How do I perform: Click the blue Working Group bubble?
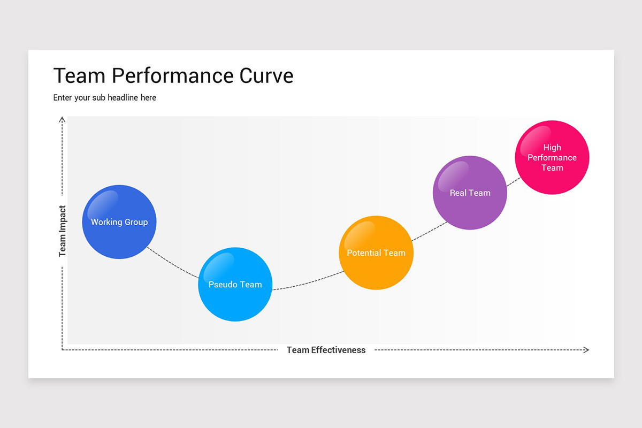click(x=119, y=222)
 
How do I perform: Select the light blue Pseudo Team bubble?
click(x=235, y=285)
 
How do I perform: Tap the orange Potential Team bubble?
click(x=376, y=253)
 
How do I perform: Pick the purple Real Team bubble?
click(x=470, y=193)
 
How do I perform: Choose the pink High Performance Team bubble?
click(x=552, y=157)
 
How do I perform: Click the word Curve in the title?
click(x=266, y=76)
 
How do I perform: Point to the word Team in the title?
click(x=79, y=76)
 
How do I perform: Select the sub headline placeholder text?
click(x=105, y=97)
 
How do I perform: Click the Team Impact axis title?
click(x=63, y=231)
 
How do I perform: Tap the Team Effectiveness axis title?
click(x=326, y=350)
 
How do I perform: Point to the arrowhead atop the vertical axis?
click(x=63, y=119)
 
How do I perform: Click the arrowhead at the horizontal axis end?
click(x=586, y=350)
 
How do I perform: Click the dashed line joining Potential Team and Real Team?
click(x=429, y=230)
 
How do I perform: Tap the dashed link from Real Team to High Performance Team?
click(x=512, y=181)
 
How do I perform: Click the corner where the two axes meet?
click(x=63, y=350)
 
